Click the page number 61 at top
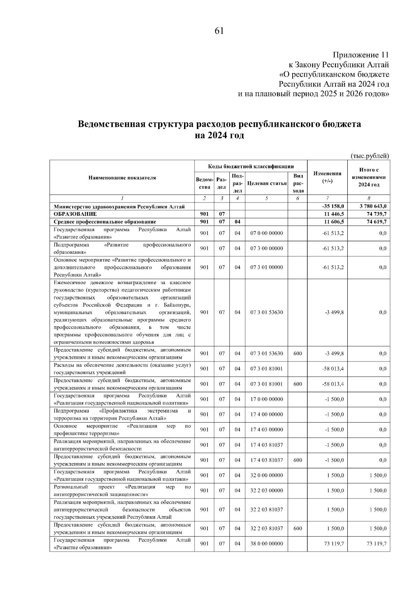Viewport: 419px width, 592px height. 219,31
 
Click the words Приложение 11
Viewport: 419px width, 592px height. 361,55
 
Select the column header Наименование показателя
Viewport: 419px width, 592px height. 122,177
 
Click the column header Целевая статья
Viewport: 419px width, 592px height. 266,183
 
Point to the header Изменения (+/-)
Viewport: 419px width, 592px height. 327,177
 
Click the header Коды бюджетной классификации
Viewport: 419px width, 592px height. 251,166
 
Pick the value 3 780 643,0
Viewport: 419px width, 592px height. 373,206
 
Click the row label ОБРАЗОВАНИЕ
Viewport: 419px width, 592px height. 75,214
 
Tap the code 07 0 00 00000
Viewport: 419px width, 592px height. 266,233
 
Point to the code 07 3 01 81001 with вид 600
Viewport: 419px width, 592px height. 266,384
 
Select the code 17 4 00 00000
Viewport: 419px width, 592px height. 266,414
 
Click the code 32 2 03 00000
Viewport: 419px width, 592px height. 266,491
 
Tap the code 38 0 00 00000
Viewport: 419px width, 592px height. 266,544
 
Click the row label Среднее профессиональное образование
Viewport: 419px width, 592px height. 105,222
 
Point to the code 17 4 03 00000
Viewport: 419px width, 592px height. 266,430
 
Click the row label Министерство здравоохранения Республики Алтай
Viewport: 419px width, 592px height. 119,206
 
